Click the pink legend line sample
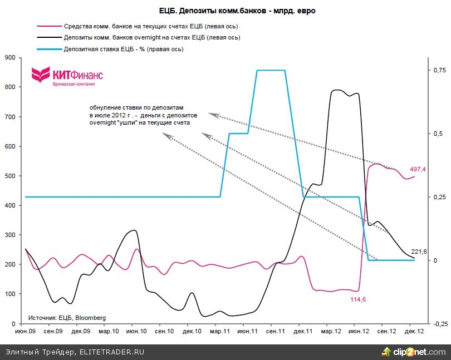(x=48, y=26)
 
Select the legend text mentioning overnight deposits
(x=152, y=37)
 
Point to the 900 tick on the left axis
(x=10, y=57)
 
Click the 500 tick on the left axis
(x=10, y=176)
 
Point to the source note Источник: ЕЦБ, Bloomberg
(x=67, y=318)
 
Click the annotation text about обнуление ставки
(x=140, y=115)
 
